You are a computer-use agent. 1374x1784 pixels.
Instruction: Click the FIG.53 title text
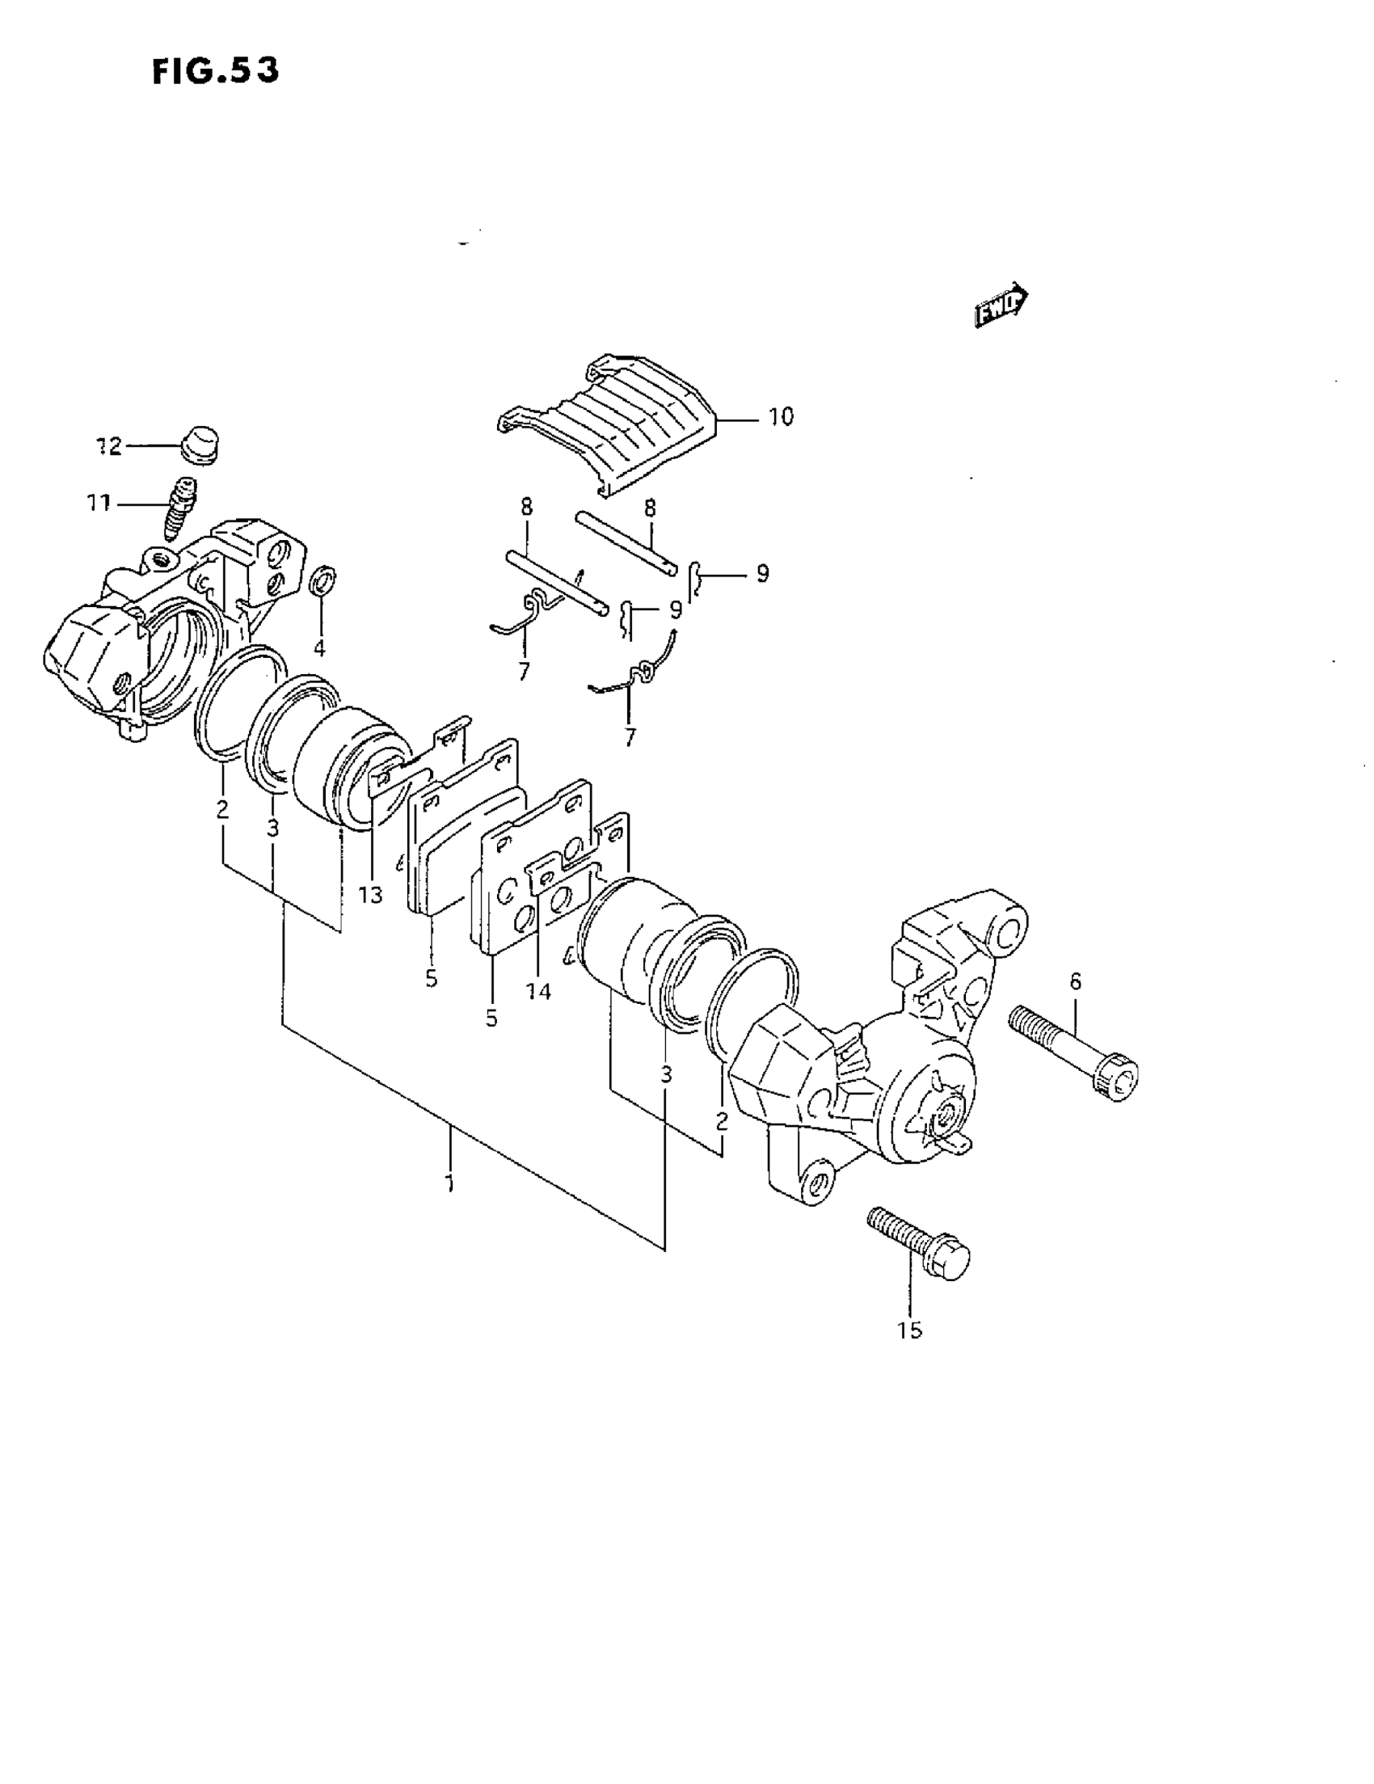click(x=215, y=71)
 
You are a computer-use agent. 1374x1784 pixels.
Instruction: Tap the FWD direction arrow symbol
click(x=1001, y=305)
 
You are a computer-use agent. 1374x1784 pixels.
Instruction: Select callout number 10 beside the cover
click(x=780, y=416)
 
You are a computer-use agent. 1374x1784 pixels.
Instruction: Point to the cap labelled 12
click(x=201, y=445)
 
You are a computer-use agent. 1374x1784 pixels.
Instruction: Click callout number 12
click(x=109, y=446)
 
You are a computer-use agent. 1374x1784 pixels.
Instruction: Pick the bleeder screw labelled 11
click(x=181, y=508)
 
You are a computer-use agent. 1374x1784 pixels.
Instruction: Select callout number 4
click(x=319, y=647)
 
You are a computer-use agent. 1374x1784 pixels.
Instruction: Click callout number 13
click(x=370, y=896)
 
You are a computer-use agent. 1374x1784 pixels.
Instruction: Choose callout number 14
click(x=539, y=992)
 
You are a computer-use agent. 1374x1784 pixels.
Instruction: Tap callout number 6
click(x=1075, y=981)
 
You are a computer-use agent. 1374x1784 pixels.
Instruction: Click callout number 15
click(x=909, y=1331)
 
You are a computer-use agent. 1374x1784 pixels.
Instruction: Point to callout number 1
click(x=449, y=1182)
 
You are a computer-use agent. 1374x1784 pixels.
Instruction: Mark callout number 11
click(x=99, y=504)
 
